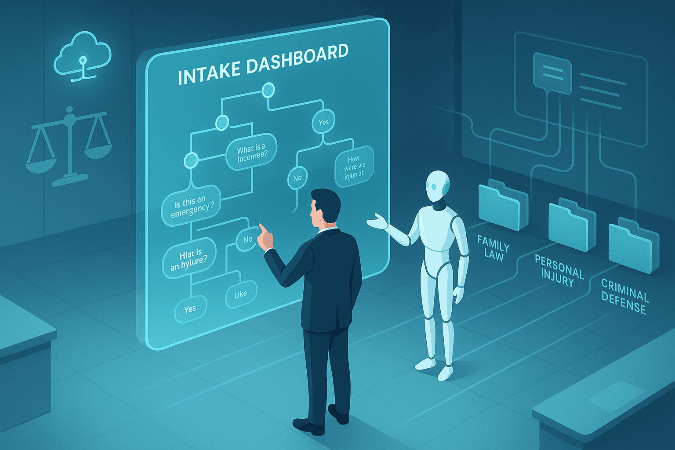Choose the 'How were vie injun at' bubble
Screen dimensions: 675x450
tap(354, 168)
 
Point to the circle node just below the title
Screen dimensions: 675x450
tap(268, 91)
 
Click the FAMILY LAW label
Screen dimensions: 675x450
tap(493, 248)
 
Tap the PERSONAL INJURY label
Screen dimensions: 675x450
tap(559, 270)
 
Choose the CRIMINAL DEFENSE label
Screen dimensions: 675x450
tap(624, 296)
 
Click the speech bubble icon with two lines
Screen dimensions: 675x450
tap(552, 72)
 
